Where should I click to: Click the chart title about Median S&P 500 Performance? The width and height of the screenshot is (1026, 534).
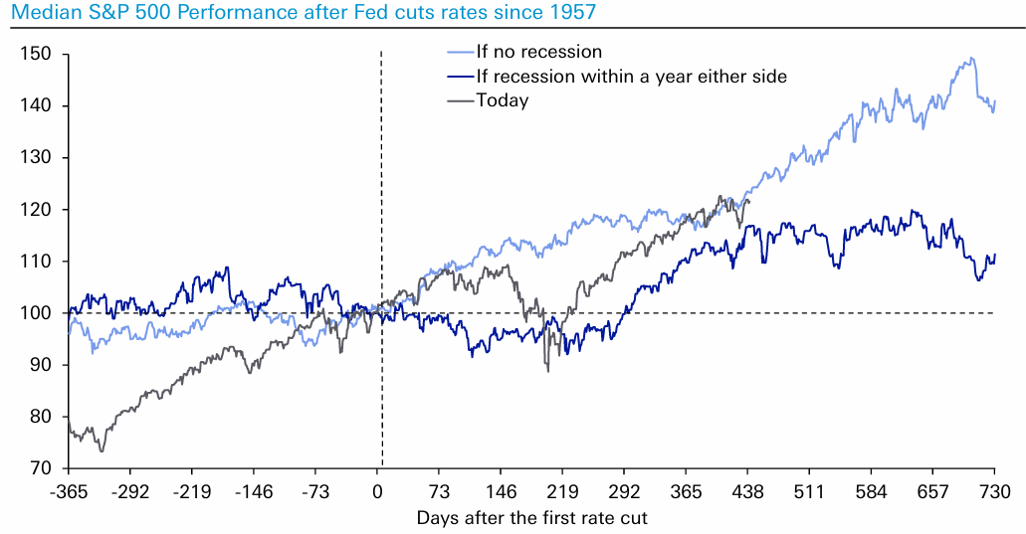[300, 13]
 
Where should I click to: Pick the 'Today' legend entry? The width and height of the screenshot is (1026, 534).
[503, 100]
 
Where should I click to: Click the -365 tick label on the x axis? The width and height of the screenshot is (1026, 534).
[69, 490]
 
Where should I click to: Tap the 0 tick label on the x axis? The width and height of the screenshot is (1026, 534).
[378, 490]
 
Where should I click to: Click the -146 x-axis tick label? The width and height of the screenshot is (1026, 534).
[253, 490]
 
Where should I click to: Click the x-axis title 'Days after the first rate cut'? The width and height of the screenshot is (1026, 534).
[531, 517]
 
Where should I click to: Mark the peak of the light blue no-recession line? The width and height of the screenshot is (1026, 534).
[971, 58]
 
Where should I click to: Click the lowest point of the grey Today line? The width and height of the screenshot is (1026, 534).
[102, 451]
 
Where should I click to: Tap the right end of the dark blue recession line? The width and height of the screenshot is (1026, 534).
[995, 255]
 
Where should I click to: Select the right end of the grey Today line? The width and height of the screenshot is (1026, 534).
[749, 201]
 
